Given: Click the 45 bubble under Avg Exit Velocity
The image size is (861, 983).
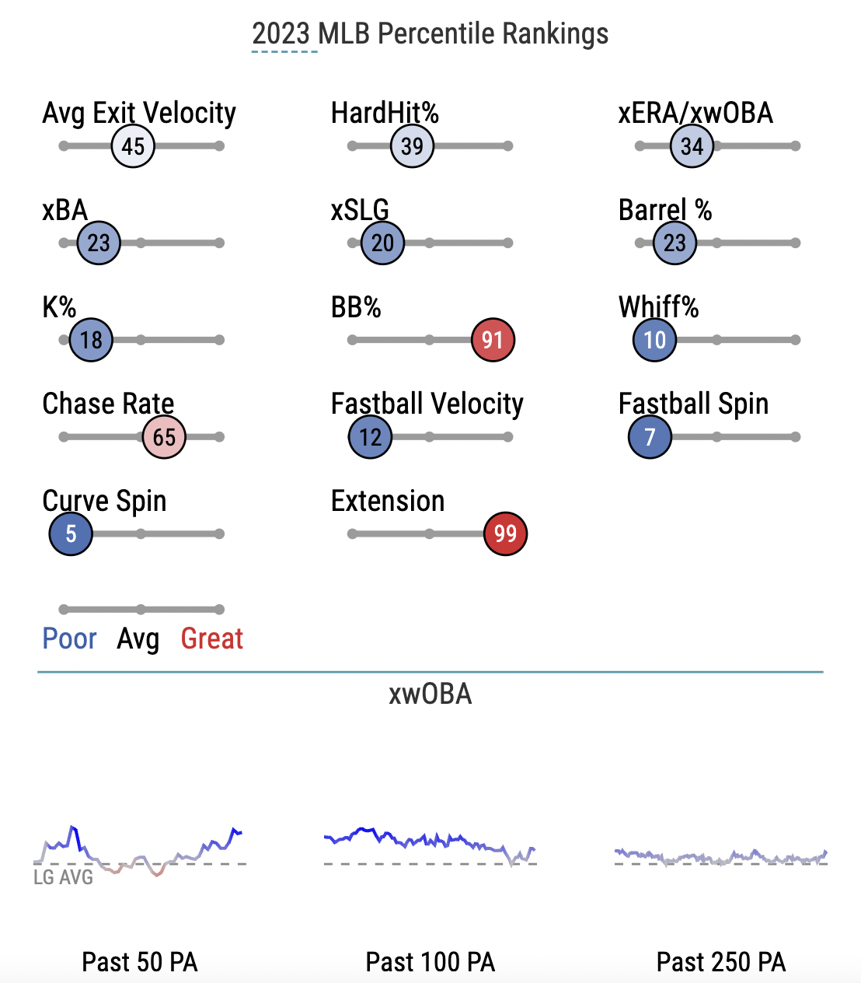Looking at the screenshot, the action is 133,145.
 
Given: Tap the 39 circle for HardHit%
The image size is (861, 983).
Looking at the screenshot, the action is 412,145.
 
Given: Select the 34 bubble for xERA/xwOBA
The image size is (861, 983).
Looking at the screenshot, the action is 692,145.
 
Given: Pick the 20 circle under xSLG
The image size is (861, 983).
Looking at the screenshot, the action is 382,243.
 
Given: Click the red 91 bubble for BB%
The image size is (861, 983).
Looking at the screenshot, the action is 493,340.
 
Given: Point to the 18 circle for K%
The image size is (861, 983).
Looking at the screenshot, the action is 91,340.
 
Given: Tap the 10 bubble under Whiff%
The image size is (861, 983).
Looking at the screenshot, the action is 654,340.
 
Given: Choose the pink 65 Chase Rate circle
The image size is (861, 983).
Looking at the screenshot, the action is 164,437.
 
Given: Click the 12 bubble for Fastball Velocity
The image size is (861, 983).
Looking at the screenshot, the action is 370,437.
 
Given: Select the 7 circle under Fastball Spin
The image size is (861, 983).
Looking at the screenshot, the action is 650,437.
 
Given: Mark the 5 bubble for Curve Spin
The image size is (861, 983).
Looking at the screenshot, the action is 71,533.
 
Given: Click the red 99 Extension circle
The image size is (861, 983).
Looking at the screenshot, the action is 505,533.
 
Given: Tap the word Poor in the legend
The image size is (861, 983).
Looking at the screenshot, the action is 69,638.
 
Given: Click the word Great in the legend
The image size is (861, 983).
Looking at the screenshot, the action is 212,638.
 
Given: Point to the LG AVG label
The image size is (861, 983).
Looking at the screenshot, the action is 63,877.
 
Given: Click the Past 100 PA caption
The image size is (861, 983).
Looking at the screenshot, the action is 431,962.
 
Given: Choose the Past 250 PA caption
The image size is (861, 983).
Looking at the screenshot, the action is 721,962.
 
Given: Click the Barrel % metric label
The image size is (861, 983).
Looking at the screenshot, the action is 665,210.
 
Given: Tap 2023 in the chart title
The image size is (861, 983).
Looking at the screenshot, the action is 281,33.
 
